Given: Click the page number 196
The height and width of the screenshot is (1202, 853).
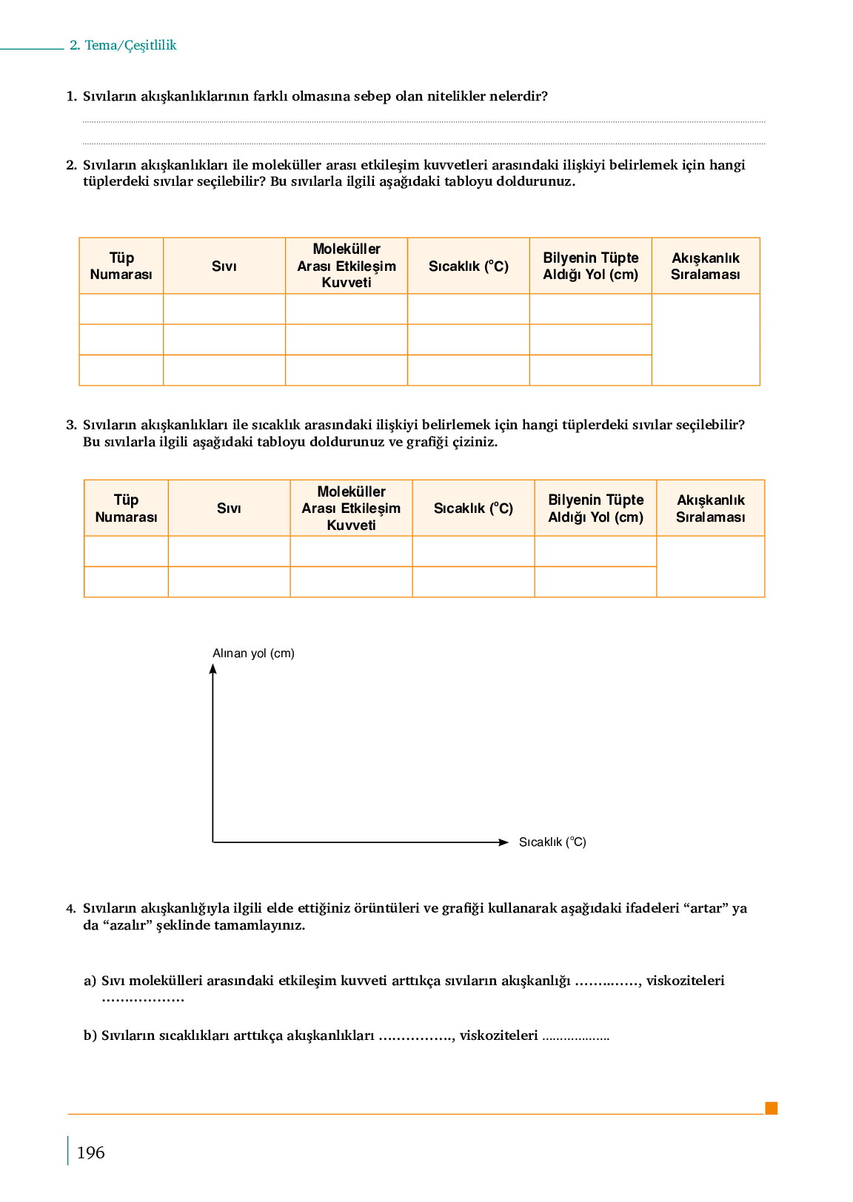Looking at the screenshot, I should pyautogui.click(x=90, y=1152).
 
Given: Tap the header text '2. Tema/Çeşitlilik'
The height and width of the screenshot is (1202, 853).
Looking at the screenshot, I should pyautogui.click(x=123, y=45).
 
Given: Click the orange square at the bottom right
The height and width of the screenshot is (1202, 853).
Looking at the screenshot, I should pyautogui.click(x=771, y=1108).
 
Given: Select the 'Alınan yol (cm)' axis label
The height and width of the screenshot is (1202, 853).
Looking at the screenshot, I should pyautogui.click(x=253, y=653).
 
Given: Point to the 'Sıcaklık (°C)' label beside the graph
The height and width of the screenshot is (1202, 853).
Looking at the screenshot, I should pyautogui.click(x=552, y=842).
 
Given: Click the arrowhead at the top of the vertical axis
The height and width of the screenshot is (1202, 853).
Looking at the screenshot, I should pyautogui.click(x=213, y=668).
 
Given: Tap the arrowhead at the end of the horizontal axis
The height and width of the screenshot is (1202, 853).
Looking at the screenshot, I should pyautogui.click(x=504, y=842).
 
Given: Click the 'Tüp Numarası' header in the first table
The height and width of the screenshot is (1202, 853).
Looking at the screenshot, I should pyautogui.click(x=121, y=266).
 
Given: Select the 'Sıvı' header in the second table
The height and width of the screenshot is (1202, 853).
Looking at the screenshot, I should pyautogui.click(x=229, y=508).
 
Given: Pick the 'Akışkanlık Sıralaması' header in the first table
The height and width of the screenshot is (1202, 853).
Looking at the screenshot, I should pyautogui.click(x=706, y=266).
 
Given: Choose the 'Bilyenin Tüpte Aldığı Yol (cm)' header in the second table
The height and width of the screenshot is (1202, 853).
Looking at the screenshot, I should pyautogui.click(x=595, y=508).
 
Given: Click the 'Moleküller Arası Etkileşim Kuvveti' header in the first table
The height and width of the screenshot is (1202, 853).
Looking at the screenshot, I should pyautogui.click(x=347, y=266).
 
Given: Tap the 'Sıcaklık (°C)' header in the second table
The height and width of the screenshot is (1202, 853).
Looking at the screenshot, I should pyautogui.click(x=473, y=508).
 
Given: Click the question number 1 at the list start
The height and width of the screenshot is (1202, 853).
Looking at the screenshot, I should pyautogui.click(x=71, y=96).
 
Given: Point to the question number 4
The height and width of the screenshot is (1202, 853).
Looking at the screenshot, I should pyautogui.click(x=71, y=909).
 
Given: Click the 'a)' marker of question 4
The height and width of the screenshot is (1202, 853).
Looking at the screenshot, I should pyautogui.click(x=90, y=981).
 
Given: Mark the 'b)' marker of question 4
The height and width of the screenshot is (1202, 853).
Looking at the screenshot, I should pyautogui.click(x=90, y=1035).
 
